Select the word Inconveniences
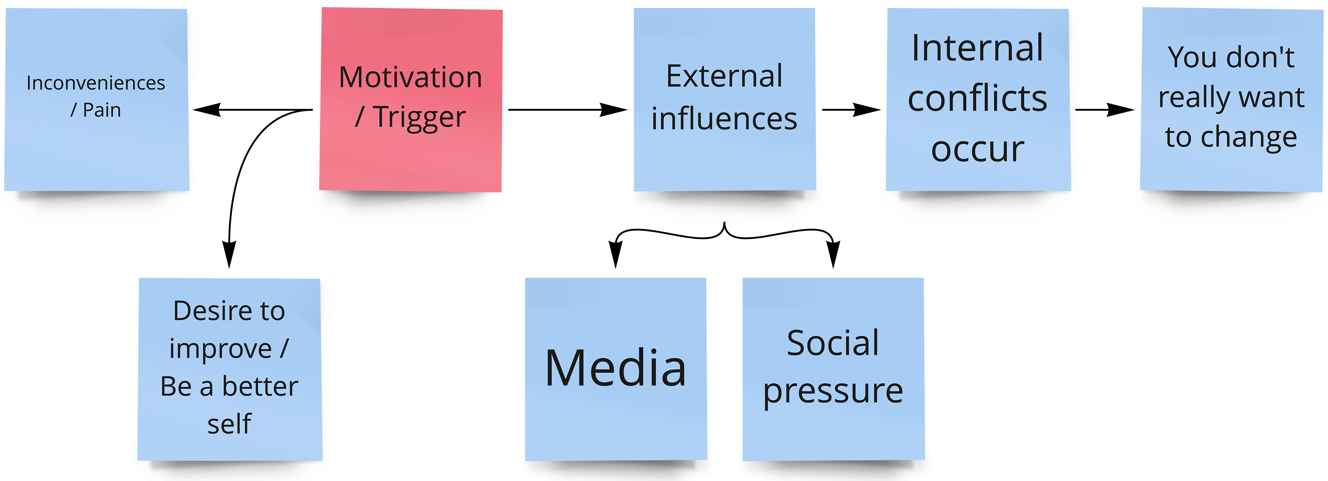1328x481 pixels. [x=96, y=83]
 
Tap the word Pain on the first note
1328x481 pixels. [x=102, y=110]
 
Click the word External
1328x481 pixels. [x=724, y=76]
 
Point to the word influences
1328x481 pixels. [x=724, y=119]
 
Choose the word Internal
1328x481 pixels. [x=977, y=48]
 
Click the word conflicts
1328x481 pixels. [x=977, y=98]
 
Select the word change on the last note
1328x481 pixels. [x=1248, y=137]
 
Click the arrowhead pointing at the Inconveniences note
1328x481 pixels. [x=206, y=109]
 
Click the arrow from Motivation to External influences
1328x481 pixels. [x=567, y=109]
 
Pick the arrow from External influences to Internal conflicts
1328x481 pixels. [x=851, y=109]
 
